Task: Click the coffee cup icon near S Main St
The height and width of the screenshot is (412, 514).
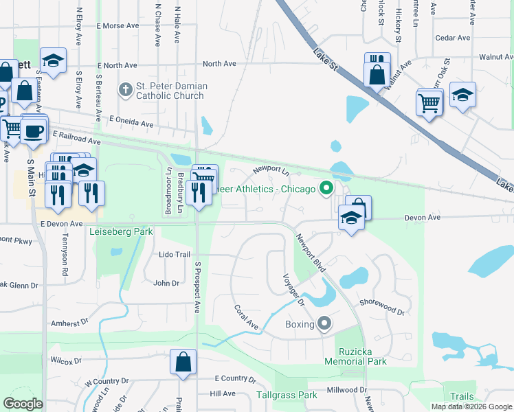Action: (34, 130)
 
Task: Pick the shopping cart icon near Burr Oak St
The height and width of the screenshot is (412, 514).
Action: (429, 103)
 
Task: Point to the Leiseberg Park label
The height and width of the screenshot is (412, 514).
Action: (121, 232)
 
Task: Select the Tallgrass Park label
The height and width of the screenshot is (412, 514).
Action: (287, 395)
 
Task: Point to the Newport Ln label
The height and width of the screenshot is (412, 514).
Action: (271, 169)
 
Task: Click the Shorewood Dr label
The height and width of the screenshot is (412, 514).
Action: (381, 307)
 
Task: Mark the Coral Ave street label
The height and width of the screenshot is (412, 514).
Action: (245, 317)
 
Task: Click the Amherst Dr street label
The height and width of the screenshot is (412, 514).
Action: (69, 322)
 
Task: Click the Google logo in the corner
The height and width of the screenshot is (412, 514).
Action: (23, 403)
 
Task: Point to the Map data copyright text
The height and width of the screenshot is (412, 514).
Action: (471, 407)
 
